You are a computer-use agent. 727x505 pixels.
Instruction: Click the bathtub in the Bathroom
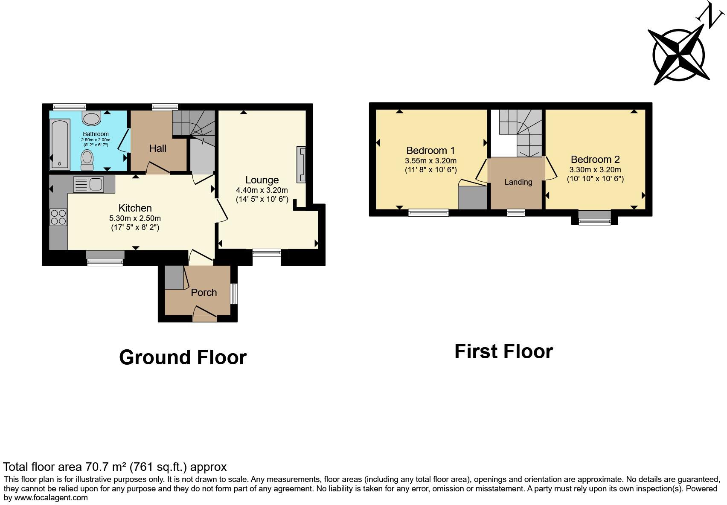point(60,144)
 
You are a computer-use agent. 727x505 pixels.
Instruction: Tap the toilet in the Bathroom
point(87,158)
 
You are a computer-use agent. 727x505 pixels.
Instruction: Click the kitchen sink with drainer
point(89,184)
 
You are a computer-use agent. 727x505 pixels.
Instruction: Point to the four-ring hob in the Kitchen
point(58,217)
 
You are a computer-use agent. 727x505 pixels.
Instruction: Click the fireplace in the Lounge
point(302,165)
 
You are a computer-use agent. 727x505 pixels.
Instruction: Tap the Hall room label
point(157,148)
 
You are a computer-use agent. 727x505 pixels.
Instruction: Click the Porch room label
point(204,293)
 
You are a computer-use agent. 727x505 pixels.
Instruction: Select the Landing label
point(518,182)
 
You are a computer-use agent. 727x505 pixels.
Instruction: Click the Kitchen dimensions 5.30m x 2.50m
point(135,218)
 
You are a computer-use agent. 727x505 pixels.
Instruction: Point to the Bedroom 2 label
point(595,160)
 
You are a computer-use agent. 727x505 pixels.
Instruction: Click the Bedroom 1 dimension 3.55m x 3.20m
point(430,161)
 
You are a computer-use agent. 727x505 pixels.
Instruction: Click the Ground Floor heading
point(183,357)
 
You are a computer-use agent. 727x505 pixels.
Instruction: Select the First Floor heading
point(503,351)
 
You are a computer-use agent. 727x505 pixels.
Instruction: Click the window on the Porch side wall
point(234,293)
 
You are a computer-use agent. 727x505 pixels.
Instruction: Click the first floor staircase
point(521,132)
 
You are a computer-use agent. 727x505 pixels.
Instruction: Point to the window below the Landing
point(515,212)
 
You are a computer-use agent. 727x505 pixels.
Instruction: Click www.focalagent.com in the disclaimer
point(51,497)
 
